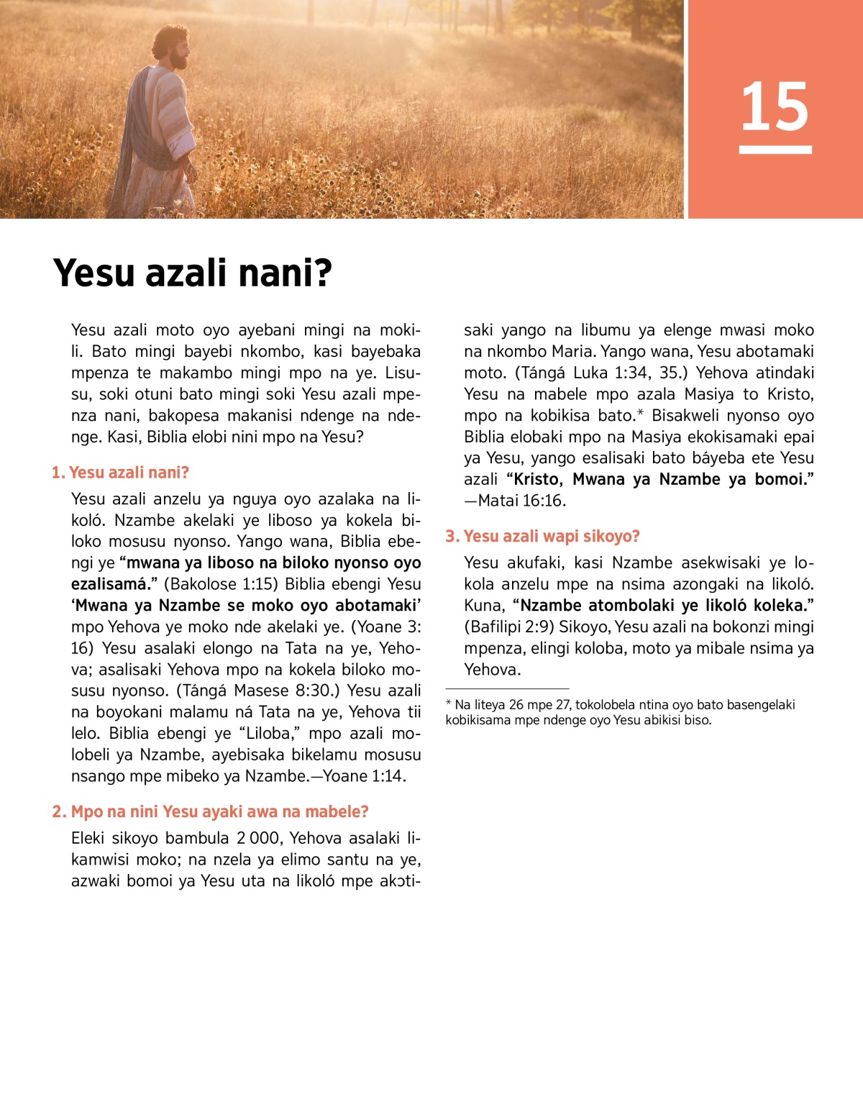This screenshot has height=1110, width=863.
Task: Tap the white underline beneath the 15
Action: click(775, 150)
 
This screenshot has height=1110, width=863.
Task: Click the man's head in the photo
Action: click(173, 47)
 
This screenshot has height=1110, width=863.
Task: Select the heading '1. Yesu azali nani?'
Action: click(120, 473)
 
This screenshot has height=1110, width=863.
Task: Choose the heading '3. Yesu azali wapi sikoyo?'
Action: click(542, 536)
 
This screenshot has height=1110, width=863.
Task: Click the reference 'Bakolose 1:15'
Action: click(221, 584)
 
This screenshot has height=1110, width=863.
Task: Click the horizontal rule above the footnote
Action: click(507, 688)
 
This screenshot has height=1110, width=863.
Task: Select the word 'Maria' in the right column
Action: click(572, 351)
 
